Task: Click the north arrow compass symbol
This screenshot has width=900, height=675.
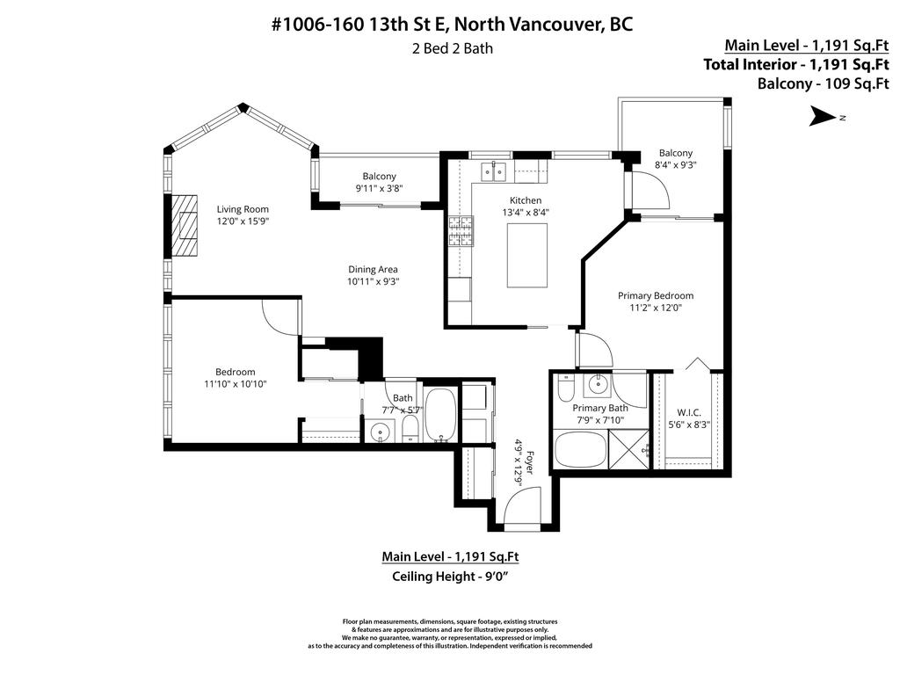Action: pyautogui.click(x=824, y=116)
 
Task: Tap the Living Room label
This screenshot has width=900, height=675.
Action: pyautogui.click(x=243, y=208)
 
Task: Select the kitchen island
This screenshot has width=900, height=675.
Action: pyautogui.click(x=526, y=255)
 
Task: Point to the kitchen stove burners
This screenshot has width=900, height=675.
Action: pyautogui.click(x=460, y=232)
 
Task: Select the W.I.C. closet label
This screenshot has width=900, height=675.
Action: pyautogui.click(x=688, y=412)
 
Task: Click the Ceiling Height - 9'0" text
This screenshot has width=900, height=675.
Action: pyautogui.click(x=450, y=577)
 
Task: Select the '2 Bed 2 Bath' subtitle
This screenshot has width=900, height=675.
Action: pyautogui.click(x=453, y=48)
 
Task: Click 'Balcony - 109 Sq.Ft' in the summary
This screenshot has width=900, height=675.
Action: pyautogui.click(x=823, y=83)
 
